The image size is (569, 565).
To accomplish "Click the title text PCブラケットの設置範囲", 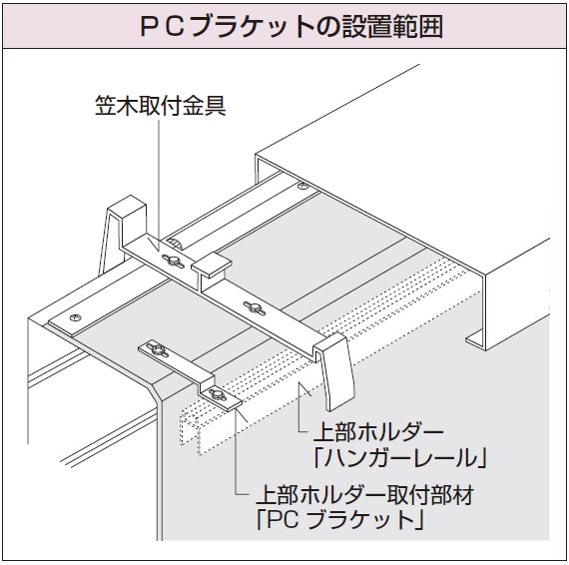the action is point(291,26).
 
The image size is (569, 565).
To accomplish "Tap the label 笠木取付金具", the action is point(161,106).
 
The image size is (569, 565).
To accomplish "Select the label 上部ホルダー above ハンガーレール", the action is point(378,432).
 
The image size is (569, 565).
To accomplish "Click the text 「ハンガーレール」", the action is point(400,457).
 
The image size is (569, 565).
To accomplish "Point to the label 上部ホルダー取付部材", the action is point(365,495).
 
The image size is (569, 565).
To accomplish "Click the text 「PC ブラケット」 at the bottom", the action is point(339,520).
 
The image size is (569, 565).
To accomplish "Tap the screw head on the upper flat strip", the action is point(302,186).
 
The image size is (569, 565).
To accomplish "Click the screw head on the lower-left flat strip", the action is point(75,317).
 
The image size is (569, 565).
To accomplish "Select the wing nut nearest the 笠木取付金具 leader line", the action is point(173,261).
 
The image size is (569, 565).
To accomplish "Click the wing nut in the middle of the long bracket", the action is point(255,308).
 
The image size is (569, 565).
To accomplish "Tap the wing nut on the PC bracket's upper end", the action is point(158,350).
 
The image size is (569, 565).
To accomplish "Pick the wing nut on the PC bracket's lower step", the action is point(217,395).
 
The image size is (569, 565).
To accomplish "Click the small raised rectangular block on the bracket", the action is point(212,266).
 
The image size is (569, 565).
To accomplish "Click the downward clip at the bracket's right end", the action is point(334,371).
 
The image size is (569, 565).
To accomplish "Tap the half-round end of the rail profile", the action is point(174,244).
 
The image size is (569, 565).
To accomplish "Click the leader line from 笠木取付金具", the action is point(159,185).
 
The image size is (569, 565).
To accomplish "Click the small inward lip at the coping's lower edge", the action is point(474,337).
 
